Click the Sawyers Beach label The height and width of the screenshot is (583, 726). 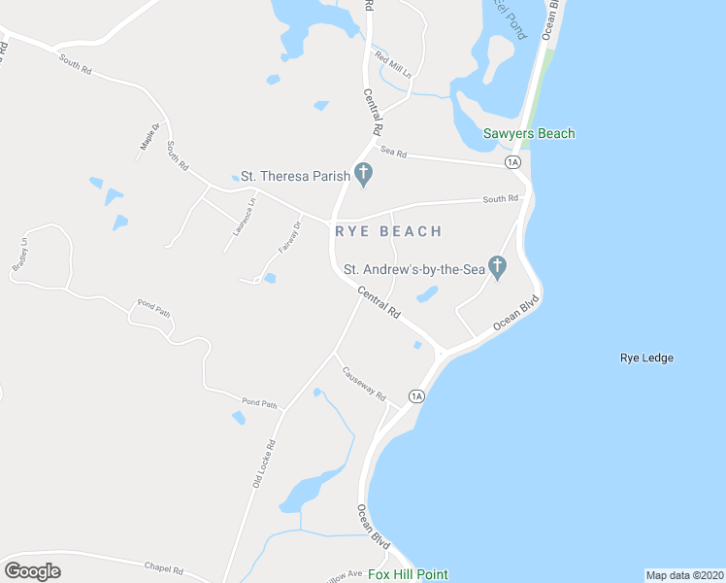[x=529, y=134]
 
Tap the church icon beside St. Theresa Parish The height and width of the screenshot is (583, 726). [x=364, y=176]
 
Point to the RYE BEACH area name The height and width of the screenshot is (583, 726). [x=388, y=231]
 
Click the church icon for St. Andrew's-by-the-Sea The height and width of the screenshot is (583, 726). [x=497, y=266]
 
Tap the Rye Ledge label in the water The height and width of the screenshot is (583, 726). [x=646, y=358]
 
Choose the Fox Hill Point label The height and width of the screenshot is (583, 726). [x=408, y=574]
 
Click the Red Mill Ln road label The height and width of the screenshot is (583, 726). [x=394, y=66]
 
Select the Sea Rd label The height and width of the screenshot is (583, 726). [x=393, y=153]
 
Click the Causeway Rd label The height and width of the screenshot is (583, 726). [x=363, y=384]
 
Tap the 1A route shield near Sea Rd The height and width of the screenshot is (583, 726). [x=513, y=161]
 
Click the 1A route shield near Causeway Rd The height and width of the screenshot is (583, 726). [x=416, y=395]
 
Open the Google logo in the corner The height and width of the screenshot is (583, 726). [x=32, y=571]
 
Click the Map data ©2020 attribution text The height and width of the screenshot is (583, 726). [x=684, y=574]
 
